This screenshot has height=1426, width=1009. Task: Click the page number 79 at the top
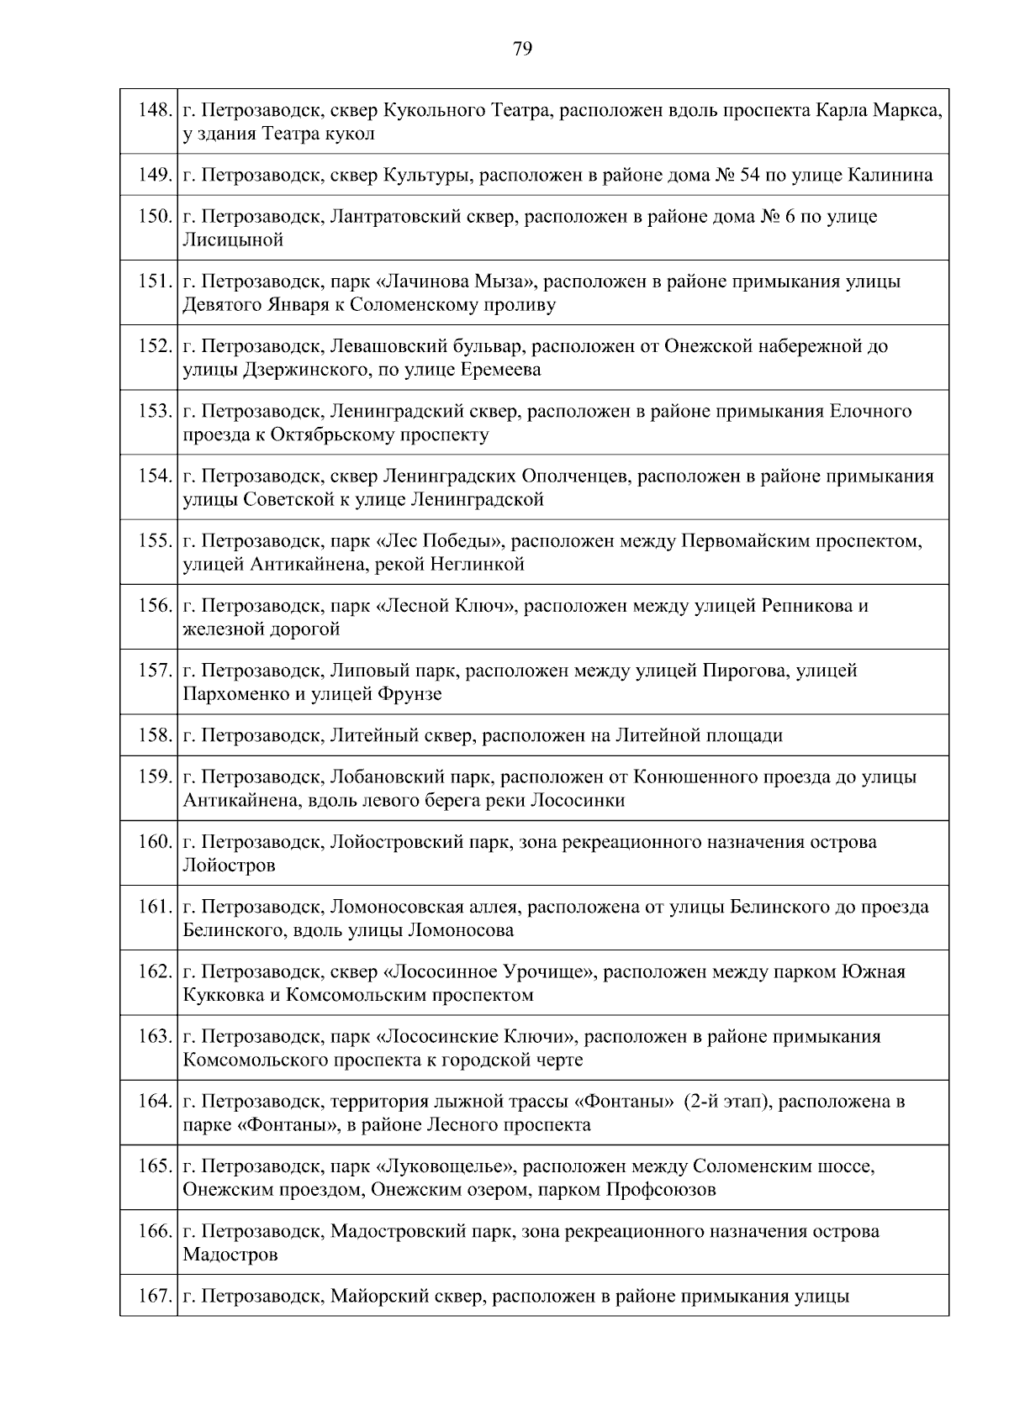pos(521,50)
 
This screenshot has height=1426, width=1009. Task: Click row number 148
pos(156,110)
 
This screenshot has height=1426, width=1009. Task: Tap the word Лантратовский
pos(384,217)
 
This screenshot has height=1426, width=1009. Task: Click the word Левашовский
pos(379,346)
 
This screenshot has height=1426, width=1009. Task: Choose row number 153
pos(156,411)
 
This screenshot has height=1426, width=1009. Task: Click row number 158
pos(156,736)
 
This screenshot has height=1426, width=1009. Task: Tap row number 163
pos(156,1036)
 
